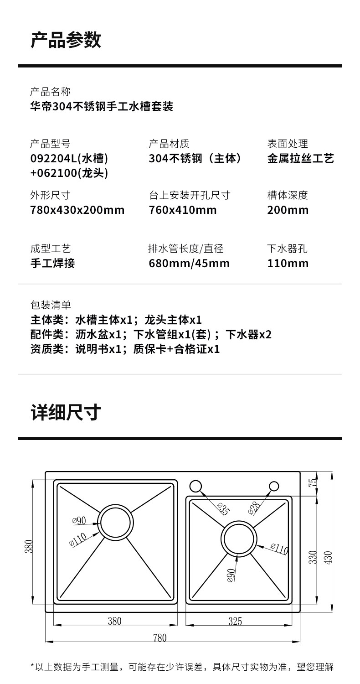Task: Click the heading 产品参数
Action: click(x=66, y=40)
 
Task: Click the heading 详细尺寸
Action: click(x=66, y=412)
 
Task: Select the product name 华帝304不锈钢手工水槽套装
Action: click(x=101, y=107)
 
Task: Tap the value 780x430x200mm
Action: click(x=77, y=210)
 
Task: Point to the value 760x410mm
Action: click(x=183, y=210)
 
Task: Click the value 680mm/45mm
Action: click(x=189, y=263)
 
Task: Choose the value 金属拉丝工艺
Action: click(x=300, y=158)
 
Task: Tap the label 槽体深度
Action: click(x=288, y=196)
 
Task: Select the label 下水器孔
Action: click(x=288, y=249)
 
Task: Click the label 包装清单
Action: click(x=51, y=305)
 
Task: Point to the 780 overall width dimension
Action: click(x=159, y=637)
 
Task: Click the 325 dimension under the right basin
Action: click(x=235, y=621)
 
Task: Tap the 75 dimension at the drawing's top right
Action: click(x=313, y=482)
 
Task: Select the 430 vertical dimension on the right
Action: click(x=328, y=557)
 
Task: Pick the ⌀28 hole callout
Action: click(x=254, y=507)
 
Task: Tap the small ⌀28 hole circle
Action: click(x=274, y=486)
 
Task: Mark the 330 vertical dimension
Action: click(x=313, y=557)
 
